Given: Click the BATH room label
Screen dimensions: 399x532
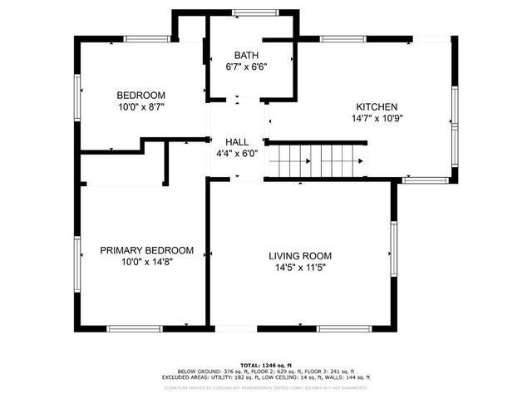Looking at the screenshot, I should click(x=246, y=56).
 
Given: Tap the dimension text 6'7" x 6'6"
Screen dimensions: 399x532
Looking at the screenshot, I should click(x=246, y=67).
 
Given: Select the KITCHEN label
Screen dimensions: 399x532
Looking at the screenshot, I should click(x=377, y=107).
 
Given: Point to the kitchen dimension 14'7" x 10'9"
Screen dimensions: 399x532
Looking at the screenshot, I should click(x=377, y=119).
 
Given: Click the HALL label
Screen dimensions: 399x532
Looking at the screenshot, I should click(x=237, y=142).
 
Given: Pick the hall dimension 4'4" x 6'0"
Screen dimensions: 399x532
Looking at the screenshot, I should click(x=237, y=153).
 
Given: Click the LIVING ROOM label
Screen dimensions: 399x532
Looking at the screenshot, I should click(x=300, y=256).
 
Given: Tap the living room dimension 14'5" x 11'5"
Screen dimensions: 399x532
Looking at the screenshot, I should click(x=300, y=268).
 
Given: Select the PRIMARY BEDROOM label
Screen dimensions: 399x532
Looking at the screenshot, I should click(x=146, y=250).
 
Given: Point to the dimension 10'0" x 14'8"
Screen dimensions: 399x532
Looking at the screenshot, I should click(x=146, y=262).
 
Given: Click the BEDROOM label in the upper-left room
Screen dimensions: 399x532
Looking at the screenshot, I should click(x=140, y=95).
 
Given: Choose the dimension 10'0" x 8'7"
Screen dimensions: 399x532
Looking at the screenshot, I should click(x=140, y=106).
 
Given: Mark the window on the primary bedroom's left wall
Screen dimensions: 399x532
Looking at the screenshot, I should click(x=79, y=262).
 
